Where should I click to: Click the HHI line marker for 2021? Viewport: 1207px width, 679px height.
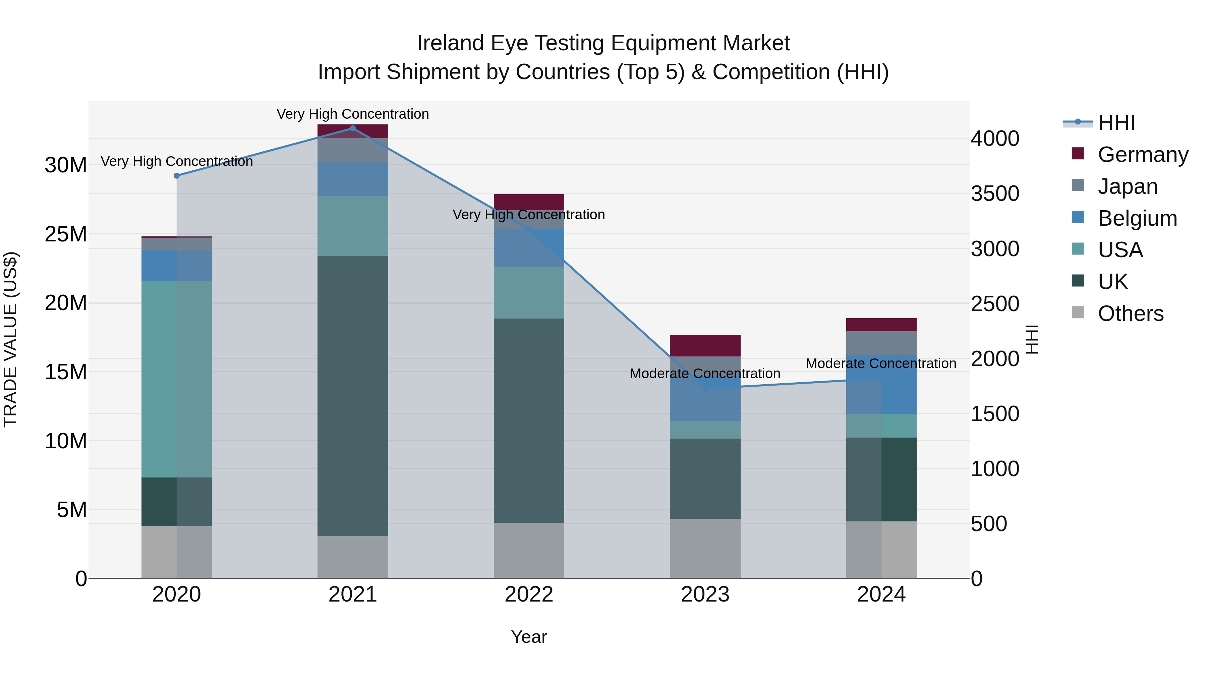(353, 128)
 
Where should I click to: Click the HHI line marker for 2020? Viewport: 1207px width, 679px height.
(177, 176)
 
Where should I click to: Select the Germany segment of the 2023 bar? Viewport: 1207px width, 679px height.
(705, 345)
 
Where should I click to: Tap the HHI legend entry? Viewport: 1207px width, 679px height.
(1116, 123)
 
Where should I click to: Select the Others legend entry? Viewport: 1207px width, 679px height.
(1130, 314)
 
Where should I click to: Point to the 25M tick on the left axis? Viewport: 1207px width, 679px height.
(66, 234)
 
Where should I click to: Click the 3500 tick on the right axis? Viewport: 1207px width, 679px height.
(994, 193)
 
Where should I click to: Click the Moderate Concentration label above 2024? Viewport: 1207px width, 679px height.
(880, 363)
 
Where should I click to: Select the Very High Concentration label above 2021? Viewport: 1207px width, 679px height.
(352, 114)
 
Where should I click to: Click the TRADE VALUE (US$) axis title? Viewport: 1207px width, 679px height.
(10, 339)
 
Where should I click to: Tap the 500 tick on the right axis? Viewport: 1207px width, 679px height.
(989, 523)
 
